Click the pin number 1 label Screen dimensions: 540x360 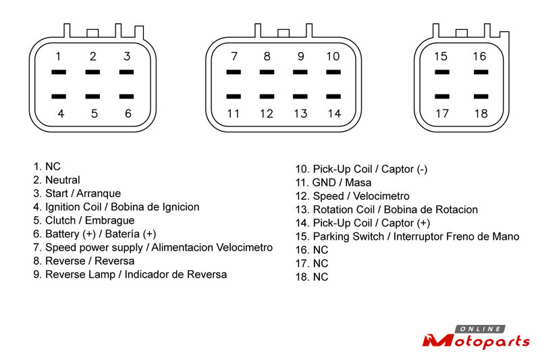(x=59, y=56)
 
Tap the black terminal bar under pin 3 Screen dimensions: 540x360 (x=126, y=72)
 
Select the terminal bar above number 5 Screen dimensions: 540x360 (x=92, y=97)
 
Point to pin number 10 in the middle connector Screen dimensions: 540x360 (x=333, y=56)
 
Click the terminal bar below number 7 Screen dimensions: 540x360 (x=234, y=72)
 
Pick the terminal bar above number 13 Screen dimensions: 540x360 (x=300, y=97)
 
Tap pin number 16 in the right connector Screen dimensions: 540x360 (x=479, y=56)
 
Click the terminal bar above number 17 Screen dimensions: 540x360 (x=442, y=97)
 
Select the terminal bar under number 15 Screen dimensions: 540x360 (x=442, y=72)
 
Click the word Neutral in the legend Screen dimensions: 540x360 (x=63, y=180)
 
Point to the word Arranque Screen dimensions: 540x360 (x=99, y=194)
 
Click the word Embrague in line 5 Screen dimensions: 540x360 (x=110, y=220)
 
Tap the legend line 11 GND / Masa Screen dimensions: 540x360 (x=333, y=182)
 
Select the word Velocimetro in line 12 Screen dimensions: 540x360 (x=381, y=196)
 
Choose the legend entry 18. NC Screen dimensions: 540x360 (x=312, y=277)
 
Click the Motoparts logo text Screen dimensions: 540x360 (x=476, y=341)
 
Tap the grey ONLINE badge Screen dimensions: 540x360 (x=480, y=329)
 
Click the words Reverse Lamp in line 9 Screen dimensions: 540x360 (x=80, y=275)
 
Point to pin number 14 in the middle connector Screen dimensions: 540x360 (x=334, y=113)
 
